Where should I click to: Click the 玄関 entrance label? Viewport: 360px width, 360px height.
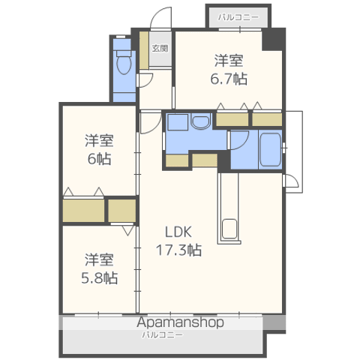point(160,48)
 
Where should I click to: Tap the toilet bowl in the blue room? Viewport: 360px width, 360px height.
point(124,63)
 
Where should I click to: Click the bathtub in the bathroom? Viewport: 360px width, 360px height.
point(270,150)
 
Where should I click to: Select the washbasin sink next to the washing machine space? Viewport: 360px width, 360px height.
point(200,121)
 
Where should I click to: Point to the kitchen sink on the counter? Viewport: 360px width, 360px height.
point(229,229)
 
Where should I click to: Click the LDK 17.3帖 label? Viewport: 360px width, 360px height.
point(178,241)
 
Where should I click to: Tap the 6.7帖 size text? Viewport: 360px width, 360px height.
point(229,79)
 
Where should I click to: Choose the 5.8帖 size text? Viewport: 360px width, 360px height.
point(99,277)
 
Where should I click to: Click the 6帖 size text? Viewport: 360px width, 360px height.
point(99,159)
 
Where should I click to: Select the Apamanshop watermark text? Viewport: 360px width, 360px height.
point(180,322)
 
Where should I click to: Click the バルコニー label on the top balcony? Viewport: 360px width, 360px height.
point(238,17)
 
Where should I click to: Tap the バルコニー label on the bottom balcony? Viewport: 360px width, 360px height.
point(163,334)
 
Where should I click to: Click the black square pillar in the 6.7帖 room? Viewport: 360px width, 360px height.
point(274,39)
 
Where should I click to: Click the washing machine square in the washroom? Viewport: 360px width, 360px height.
point(178,122)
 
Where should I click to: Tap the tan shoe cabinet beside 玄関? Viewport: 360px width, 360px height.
point(144,50)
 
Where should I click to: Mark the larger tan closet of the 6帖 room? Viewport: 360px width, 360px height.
point(83,211)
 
